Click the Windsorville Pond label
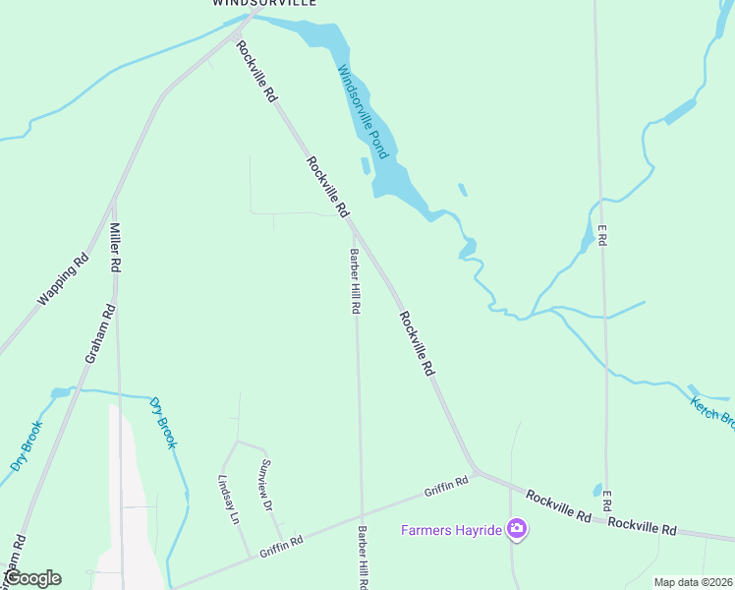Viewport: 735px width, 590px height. (365, 112)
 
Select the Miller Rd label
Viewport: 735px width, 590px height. (115, 247)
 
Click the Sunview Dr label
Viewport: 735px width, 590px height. (265, 486)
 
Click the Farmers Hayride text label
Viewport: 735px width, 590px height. (451, 531)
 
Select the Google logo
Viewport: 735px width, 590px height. (32, 578)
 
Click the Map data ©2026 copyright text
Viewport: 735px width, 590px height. (694, 582)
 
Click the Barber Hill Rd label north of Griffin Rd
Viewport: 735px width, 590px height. (354, 281)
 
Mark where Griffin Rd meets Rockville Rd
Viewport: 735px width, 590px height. (476, 471)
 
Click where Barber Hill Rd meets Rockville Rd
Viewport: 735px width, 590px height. (352, 224)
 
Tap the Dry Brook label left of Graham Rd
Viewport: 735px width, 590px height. (27, 445)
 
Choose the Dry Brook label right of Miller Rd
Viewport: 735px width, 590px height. (163, 423)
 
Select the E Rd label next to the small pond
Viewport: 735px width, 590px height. (607, 500)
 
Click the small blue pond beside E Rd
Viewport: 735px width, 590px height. (596, 490)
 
